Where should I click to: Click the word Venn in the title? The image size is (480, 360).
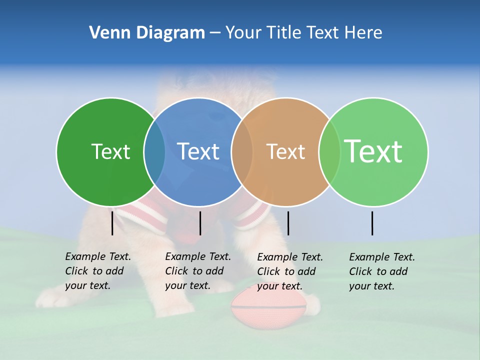106,33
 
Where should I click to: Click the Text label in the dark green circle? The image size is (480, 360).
110,151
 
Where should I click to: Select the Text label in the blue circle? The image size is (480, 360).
198,151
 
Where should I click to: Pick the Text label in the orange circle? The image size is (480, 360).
285,151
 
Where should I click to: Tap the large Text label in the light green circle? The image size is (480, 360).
373,151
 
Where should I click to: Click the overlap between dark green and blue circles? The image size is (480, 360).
154,152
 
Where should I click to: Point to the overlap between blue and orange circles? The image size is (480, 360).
242,152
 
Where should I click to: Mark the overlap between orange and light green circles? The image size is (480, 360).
329,152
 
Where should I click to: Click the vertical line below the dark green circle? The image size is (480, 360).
112,223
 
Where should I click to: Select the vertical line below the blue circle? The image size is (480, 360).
200,223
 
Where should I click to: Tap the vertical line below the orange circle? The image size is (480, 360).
288,223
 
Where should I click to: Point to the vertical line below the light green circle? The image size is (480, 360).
372,223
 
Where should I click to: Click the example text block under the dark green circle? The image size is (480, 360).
97,271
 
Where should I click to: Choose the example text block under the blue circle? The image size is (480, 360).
197,271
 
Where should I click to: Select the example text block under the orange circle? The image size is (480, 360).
289,271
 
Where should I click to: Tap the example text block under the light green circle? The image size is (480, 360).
381,271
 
